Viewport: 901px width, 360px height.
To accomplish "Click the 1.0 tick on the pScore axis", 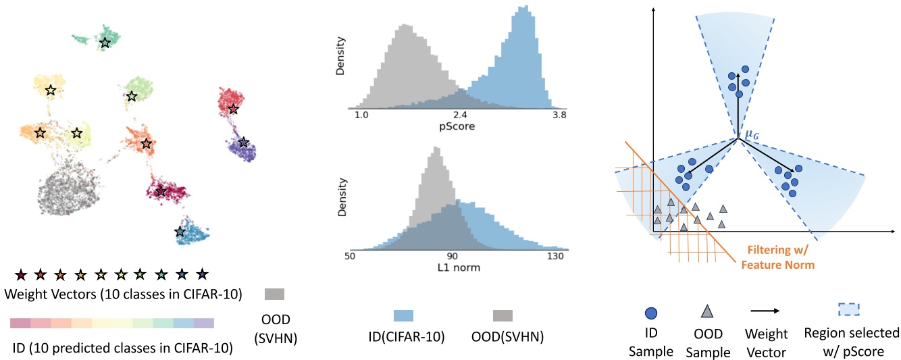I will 361,115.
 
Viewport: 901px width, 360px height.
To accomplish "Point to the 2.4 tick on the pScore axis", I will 459,115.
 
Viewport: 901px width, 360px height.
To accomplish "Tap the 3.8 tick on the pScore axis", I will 559,115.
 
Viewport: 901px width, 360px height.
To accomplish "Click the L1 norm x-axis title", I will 459,267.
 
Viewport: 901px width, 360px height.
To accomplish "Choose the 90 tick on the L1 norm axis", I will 452,257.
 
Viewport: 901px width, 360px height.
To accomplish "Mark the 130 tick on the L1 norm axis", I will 555,257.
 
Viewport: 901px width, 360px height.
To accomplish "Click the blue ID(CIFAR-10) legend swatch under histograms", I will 403,316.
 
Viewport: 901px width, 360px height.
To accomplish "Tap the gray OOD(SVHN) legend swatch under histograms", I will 503,316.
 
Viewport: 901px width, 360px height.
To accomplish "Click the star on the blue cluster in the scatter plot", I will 180,232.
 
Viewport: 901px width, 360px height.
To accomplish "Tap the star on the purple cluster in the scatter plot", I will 243,143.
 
